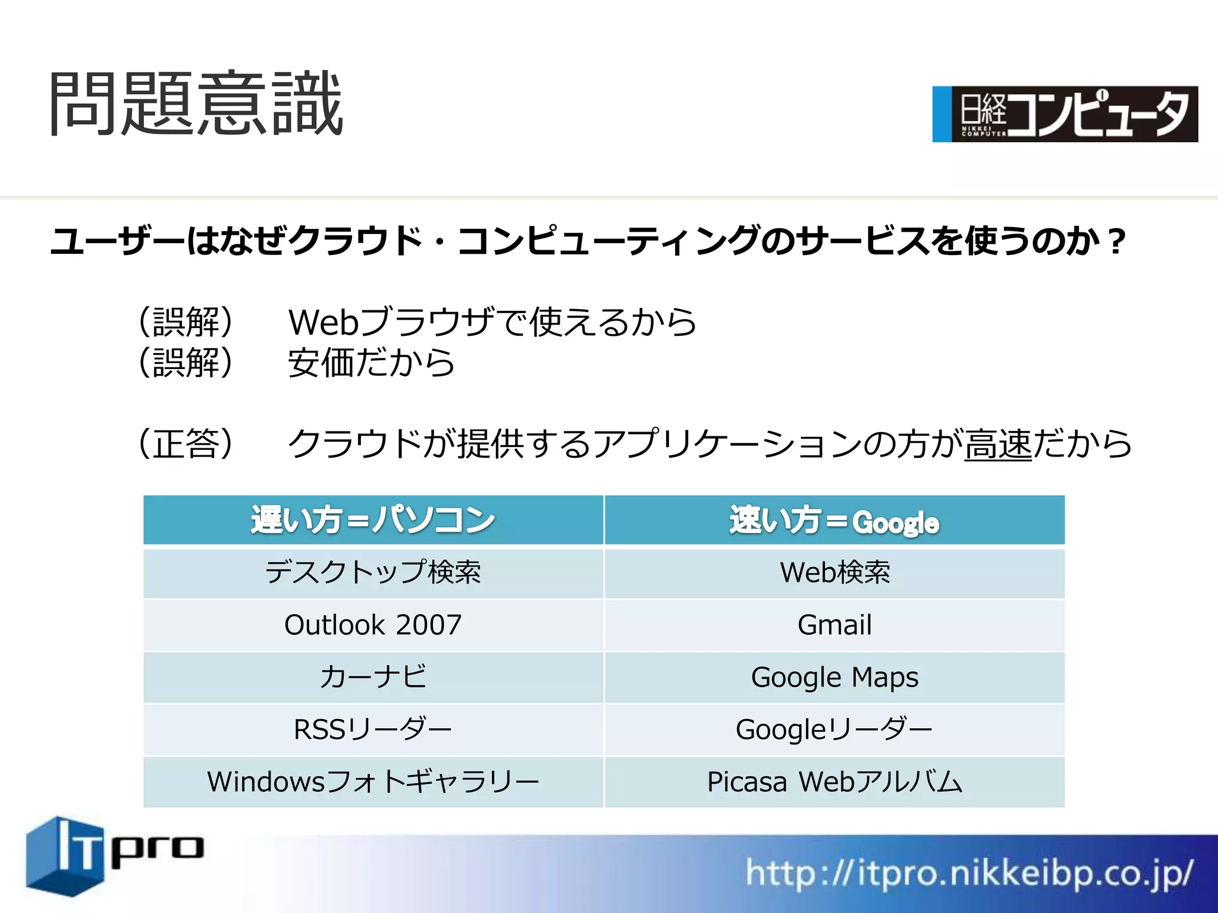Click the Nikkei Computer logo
[1065, 114]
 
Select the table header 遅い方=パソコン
[373, 520]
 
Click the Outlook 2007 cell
[373, 625]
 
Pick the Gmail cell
[834, 625]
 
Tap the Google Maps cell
[834, 677]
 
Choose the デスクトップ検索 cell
[373, 572]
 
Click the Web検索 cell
[834, 572]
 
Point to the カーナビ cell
[373, 677]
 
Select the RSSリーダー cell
[373, 729]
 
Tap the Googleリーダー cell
[834, 729]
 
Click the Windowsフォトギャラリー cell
[373, 782]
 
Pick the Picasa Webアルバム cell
[834, 782]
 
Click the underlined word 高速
[998, 444]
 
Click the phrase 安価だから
[371, 363]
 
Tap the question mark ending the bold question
[1116, 242]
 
